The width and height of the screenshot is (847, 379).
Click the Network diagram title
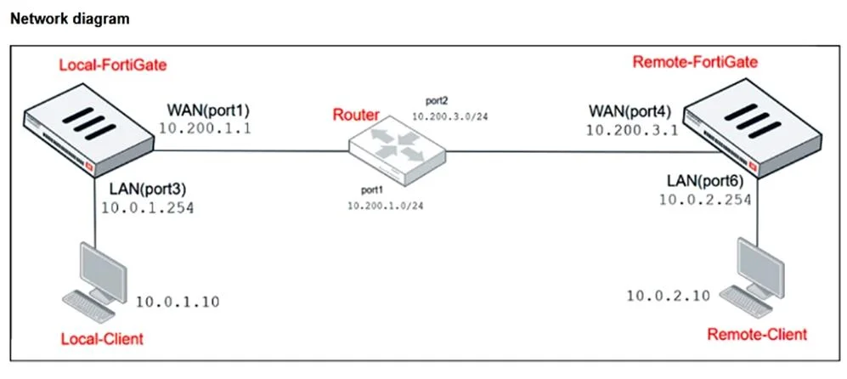pos(71,19)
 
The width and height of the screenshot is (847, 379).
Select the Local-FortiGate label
pos(113,66)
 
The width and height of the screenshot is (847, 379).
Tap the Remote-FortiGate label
pos(695,62)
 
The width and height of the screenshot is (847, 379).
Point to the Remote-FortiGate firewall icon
pos(753,127)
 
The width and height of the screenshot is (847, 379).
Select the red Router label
pos(355,115)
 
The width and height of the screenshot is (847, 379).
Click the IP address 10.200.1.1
pos(205,128)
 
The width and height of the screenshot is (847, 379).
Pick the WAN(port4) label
pos(630,112)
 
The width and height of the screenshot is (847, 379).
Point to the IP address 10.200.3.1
pos(632,130)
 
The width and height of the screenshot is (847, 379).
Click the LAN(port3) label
pos(148,189)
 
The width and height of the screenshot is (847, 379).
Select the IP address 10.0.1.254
pos(148,207)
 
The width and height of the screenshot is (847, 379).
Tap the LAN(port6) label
pos(705,181)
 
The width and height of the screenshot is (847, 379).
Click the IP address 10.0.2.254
pos(705,200)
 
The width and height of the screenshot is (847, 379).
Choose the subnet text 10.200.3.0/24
pos(450,116)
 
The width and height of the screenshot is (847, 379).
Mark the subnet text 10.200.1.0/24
pos(386,206)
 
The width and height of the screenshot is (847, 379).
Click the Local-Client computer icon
pos(95,282)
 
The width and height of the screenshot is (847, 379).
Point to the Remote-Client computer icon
pos(753,277)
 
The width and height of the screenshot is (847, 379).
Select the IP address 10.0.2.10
pos(669,296)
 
